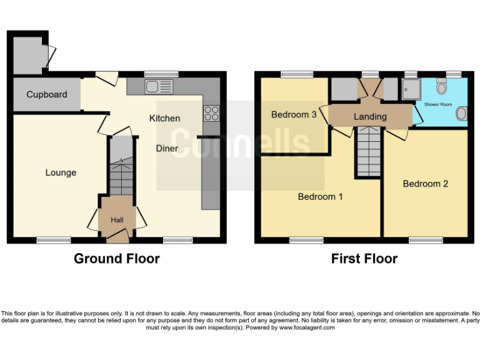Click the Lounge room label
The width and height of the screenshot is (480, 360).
[x=61, y=172]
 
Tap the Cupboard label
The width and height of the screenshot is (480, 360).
[x=46, y=95]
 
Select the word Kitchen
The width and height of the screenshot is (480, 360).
[x=164, y=118]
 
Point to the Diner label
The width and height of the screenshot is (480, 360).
[x=167, y=149]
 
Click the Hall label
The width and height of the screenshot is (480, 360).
[x=117, y=220]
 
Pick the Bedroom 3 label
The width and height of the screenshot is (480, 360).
[x=294, y=115]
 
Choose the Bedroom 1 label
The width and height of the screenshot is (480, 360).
[x=320, y=197]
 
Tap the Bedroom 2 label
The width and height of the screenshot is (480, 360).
[x=425, y=184]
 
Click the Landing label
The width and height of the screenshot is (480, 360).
[x=370, y=116]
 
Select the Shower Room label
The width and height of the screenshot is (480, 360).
[x=438, y=104]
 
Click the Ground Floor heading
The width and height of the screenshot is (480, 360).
[x=117, y=259]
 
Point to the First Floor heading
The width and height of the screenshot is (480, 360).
[x=364, y=259]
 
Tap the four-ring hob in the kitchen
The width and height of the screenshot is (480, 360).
[x=211, y=113]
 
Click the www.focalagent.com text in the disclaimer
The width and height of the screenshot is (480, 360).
[x=306, y=327]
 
